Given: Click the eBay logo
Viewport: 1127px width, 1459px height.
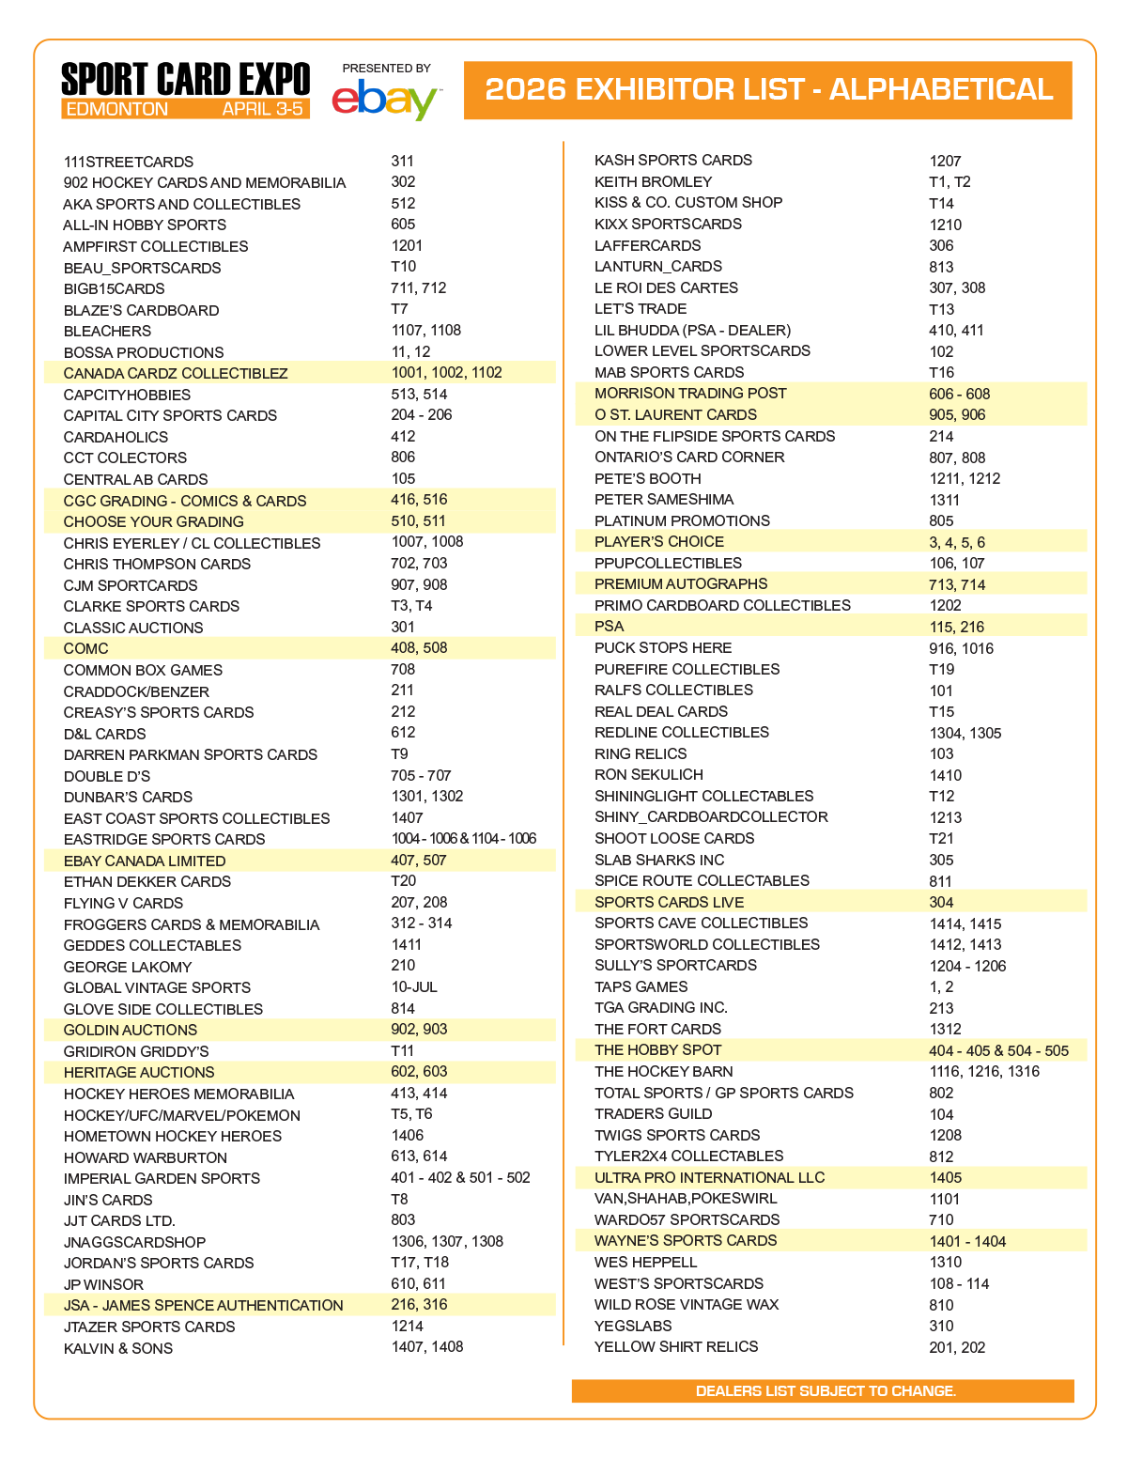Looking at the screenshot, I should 385,100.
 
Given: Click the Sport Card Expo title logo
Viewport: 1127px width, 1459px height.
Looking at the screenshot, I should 185,79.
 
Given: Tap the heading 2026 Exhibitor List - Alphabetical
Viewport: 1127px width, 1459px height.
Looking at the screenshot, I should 768,89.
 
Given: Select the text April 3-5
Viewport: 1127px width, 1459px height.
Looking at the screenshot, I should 263,109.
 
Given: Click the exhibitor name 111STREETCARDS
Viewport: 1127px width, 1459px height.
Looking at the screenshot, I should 129,162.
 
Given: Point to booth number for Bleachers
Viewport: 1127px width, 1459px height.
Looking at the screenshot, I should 425,331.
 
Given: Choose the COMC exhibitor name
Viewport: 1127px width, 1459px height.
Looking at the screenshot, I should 85,648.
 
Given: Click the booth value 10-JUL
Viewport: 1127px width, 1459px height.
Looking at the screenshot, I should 414,987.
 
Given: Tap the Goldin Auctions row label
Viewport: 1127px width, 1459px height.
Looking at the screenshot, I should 131,1030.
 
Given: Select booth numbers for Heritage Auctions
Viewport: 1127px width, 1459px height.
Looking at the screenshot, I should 419,1072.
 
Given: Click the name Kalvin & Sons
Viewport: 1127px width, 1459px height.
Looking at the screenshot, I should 118,1348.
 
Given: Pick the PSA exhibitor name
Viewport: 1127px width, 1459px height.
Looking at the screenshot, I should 609,627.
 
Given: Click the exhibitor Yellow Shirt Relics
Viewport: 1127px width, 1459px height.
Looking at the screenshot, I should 676,1347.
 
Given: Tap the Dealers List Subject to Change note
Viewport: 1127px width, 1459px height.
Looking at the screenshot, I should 826,1390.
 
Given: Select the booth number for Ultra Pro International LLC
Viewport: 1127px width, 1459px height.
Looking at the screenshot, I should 946,1178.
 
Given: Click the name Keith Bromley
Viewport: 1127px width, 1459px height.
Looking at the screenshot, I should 653,182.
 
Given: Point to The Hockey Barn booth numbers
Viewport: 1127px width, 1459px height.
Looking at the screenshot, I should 984,1072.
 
